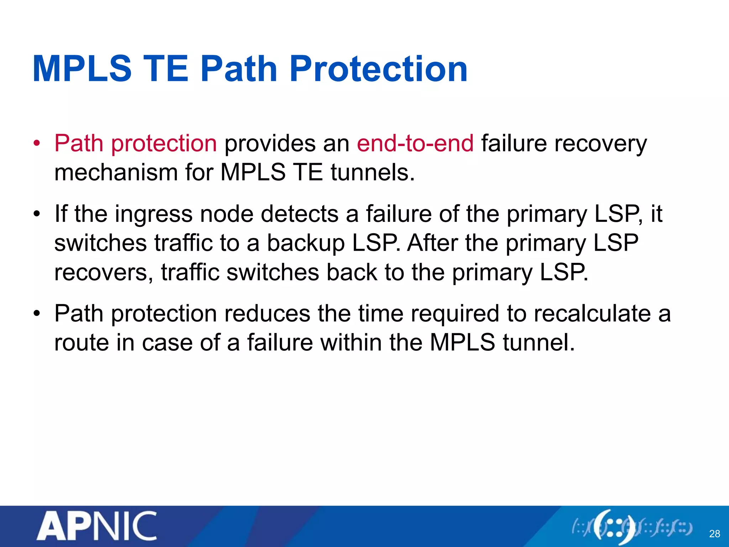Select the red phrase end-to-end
coord(415,144)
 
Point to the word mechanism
coord(116,173)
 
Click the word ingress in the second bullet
coord(153,215)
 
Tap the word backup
coord(306,244)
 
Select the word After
coord(432,243)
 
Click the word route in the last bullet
coord(82,343)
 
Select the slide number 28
coord(714,534)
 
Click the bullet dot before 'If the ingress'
coord(36,215)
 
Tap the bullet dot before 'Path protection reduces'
coord(36,314)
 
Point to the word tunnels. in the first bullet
coord(373,173)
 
